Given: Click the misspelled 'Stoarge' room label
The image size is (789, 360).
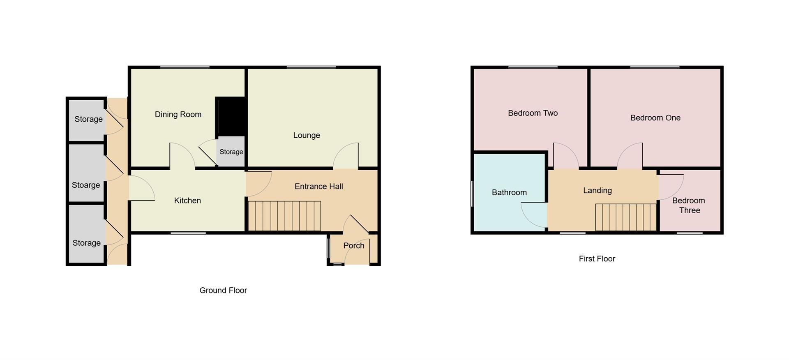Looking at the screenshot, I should (x=86, y=185).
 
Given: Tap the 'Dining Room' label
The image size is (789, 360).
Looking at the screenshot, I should (x=178, y=114).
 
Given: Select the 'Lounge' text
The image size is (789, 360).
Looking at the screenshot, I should (x=307, y=135).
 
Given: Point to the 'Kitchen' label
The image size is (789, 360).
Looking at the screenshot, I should (x=187, y=201).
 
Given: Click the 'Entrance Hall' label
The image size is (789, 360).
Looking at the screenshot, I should (x=318, y=186).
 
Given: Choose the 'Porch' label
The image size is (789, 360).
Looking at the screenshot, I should (x=353, y=245).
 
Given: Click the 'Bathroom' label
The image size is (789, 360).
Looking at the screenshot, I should (x=509, y=192).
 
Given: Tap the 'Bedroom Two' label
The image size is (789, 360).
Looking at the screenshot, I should (x=533, y=113).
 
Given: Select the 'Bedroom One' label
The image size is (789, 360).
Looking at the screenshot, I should (x=655, y=118).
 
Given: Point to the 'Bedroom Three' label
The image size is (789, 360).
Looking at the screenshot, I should (x=689, y=205).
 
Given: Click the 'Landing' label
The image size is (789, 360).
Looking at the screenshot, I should (x=597, y=190).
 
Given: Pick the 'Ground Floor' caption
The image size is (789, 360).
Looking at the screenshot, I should (x=223, y=290).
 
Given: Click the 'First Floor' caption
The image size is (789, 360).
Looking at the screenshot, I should (x=597, y=258).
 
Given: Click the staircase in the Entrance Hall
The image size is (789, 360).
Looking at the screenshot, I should (x=284, y=216).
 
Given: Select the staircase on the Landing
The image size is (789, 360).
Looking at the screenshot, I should (x=625, y=217).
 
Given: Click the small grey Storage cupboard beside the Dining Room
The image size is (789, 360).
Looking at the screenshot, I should (x=231, y=152).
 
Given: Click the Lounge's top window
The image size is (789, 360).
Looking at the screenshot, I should (x=311, y=67).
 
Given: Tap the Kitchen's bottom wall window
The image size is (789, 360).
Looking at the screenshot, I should (x=188, y=233).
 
